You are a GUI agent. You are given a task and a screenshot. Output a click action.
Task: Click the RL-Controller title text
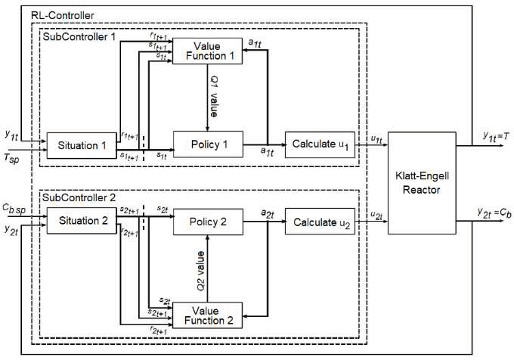pos(58,14)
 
